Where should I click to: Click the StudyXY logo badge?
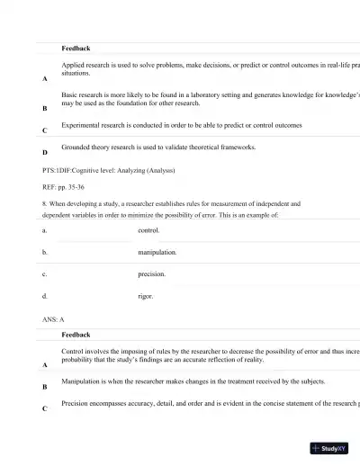point(329,448)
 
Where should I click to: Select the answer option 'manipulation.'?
point(157,253)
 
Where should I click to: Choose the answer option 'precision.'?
point(151,273)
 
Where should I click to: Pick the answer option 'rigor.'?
point(146,295)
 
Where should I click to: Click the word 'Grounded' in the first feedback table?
point(76,146)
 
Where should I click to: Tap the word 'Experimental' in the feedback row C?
point(82,125)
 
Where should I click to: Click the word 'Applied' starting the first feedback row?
point(73,66)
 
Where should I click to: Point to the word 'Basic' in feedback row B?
point(70,94)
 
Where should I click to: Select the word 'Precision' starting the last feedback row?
point(77,404)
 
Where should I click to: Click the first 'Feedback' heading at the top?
point(76,48)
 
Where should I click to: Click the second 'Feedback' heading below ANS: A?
point(76,335)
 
